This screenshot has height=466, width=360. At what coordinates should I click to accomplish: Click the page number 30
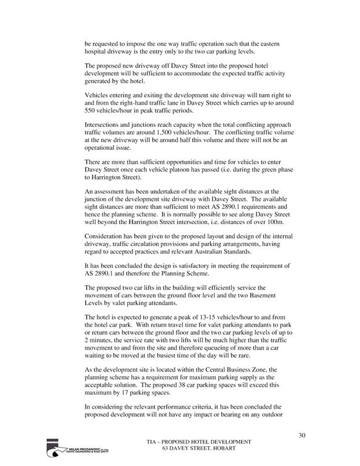(302, 435)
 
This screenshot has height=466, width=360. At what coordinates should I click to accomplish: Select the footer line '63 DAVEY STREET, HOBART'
(198, 449)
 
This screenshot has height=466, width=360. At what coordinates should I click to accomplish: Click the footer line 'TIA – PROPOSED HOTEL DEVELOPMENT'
(198, 442)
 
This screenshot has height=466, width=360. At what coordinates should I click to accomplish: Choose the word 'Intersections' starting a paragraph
(104, 125)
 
